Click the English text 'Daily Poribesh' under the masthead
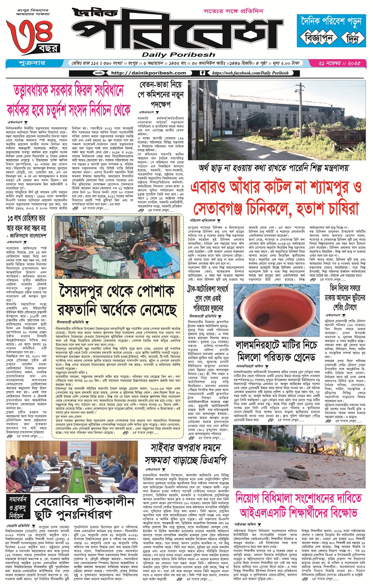pos(179,55)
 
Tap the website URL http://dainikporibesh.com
pos(148,73)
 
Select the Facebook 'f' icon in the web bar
pos(202,73)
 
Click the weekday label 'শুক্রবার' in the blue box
pos(32,63)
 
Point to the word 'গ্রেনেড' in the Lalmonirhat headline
pos(301,357)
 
